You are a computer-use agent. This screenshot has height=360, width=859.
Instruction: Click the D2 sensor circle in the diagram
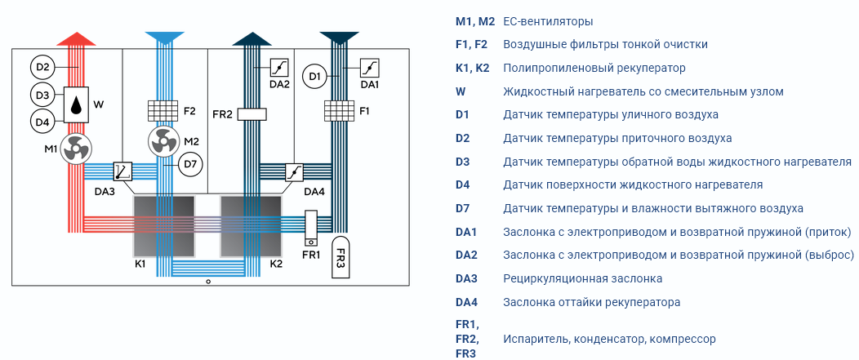pos(43,68)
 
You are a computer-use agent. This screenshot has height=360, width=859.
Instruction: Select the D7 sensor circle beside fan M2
pos(190,163)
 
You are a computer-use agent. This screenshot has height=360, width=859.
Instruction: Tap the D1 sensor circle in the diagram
pos(314,76)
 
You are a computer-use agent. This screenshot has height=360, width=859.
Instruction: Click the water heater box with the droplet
pos(76,104)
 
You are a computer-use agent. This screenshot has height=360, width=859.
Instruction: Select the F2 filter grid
pos(164,111)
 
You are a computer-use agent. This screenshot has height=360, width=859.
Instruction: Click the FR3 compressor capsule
pos(340,257)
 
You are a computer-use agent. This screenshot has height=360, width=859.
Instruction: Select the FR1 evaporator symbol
pos(310,229)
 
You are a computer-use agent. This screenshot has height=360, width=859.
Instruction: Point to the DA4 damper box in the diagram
pos(294,171)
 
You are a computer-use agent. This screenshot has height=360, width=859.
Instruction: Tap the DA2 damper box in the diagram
pos(278,68)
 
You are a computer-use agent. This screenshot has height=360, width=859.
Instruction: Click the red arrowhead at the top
pos(76,38)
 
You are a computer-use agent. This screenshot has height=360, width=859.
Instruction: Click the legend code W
pos(461,91)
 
